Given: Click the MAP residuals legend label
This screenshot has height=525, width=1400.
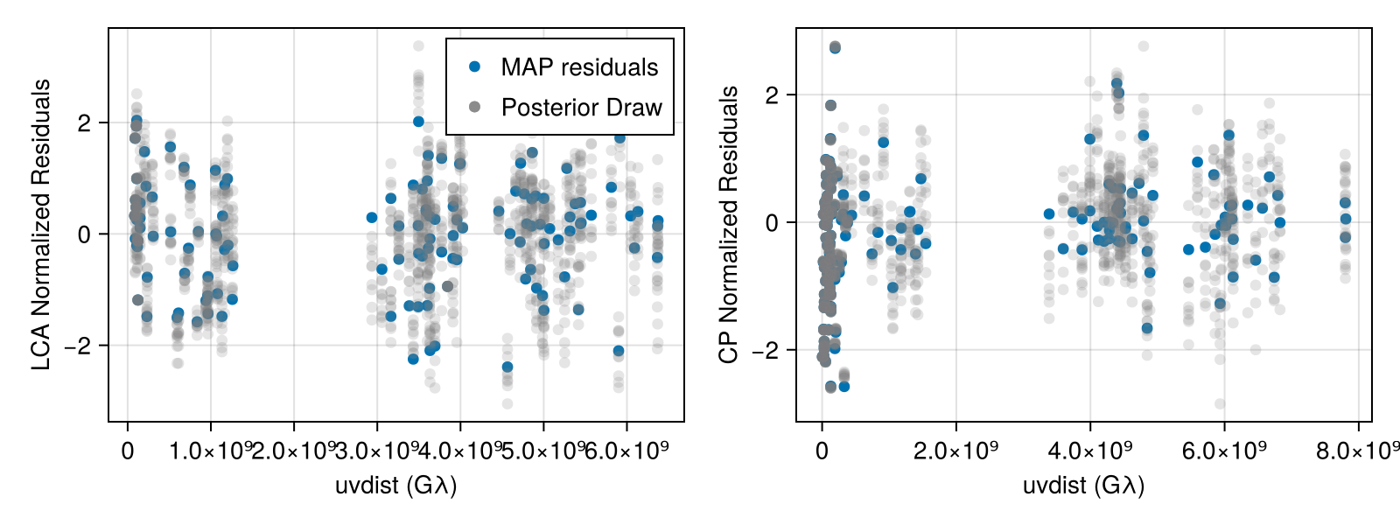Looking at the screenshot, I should coord(578,67).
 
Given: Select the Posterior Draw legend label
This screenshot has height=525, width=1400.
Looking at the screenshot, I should coord(581,108).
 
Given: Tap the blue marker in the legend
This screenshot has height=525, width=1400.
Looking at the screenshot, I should coord(475,66).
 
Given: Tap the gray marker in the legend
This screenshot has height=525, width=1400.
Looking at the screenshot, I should coord(475,107).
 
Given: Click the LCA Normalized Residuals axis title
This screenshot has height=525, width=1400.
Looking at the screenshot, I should coord(41,225).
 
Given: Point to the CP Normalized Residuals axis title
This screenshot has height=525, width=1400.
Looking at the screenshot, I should coord(729,225).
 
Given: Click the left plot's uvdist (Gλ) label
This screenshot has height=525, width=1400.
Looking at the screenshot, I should coord(395,486).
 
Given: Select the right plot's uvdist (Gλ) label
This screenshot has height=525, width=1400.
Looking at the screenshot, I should coord(1083,486).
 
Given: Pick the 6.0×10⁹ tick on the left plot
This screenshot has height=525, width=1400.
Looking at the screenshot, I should coord(626,451).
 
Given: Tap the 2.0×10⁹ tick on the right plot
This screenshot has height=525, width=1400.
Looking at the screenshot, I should coord(955,451).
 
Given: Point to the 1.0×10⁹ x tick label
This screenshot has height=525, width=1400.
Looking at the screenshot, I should coord(211,451).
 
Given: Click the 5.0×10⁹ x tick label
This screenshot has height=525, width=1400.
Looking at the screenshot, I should coord(543,451).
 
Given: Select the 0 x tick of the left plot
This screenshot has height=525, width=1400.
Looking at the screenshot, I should coord(128,451).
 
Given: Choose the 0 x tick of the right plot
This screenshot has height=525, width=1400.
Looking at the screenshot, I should coord(822,451).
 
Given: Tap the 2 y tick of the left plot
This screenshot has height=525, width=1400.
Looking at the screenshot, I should coord(84,123).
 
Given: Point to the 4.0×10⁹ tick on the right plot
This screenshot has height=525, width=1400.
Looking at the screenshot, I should coord(1090,451).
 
